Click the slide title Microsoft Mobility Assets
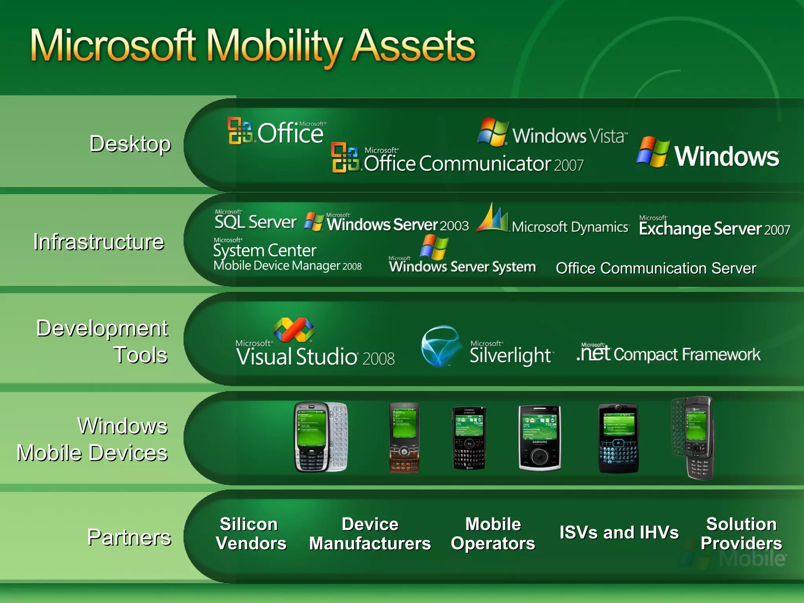[253, 46]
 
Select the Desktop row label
[130, 144]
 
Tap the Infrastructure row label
[99, 241]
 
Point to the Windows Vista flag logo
[493, 132]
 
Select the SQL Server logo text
[255, 221]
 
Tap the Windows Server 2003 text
[398, 225]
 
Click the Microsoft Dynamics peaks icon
[492, 218]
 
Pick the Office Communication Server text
[656, 268]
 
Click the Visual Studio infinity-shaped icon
[294, 330]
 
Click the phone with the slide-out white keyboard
[321, 437]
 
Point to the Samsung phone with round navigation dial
[539, 438]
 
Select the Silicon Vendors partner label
[250, 534]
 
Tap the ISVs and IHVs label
[619, 533]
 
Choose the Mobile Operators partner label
[493, 534]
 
